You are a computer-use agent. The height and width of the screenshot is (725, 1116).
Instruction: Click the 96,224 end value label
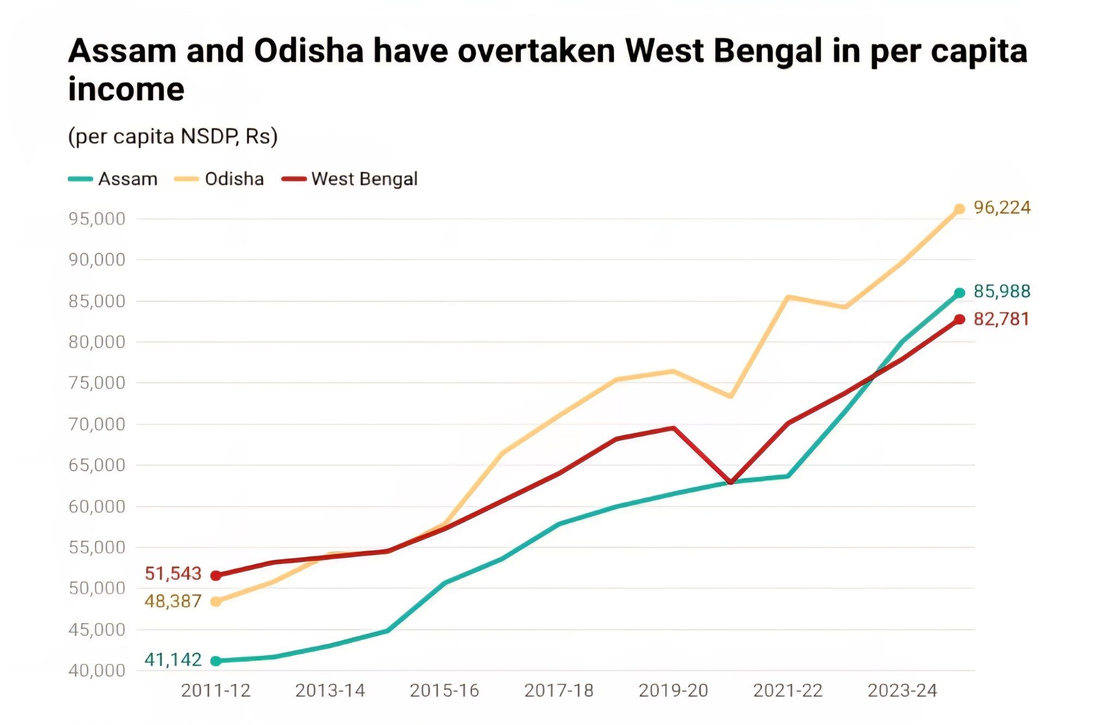(x=1002, y=208)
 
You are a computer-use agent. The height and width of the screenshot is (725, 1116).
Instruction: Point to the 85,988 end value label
(x=1002, y=292)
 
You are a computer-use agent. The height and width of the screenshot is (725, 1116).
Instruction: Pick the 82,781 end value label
(x=1002, y=319)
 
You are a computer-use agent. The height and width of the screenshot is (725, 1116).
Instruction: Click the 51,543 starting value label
(x=173, y=573)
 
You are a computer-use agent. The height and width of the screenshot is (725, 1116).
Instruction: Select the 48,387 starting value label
(x=173, y=601)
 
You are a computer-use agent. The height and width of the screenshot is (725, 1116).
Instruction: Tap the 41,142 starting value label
(x=173, y=660)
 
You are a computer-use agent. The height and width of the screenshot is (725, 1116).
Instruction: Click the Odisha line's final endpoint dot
(x=960, y=209)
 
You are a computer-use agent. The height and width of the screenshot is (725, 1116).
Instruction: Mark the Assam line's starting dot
(x=216, y=661)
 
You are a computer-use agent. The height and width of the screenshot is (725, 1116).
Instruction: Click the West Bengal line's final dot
(x=960, y=319)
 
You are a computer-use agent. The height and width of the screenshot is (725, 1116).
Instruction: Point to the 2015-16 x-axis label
(x=444, y=691)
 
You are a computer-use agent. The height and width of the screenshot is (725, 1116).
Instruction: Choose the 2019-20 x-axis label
(x=673, y=691)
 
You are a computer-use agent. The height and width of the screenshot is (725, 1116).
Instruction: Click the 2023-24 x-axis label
(x=902, y=691)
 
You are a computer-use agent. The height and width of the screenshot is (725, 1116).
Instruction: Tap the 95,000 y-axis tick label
(x=96, y=219)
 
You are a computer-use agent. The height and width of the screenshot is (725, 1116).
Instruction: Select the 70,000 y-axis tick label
(x=96, y=424)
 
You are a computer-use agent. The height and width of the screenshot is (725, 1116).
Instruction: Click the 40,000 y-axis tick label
(x=96, y=670)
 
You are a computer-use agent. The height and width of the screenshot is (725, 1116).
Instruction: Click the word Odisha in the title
(x=308, y=51)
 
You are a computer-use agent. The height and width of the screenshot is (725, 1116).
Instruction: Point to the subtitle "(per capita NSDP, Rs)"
(x=173, y=136)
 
